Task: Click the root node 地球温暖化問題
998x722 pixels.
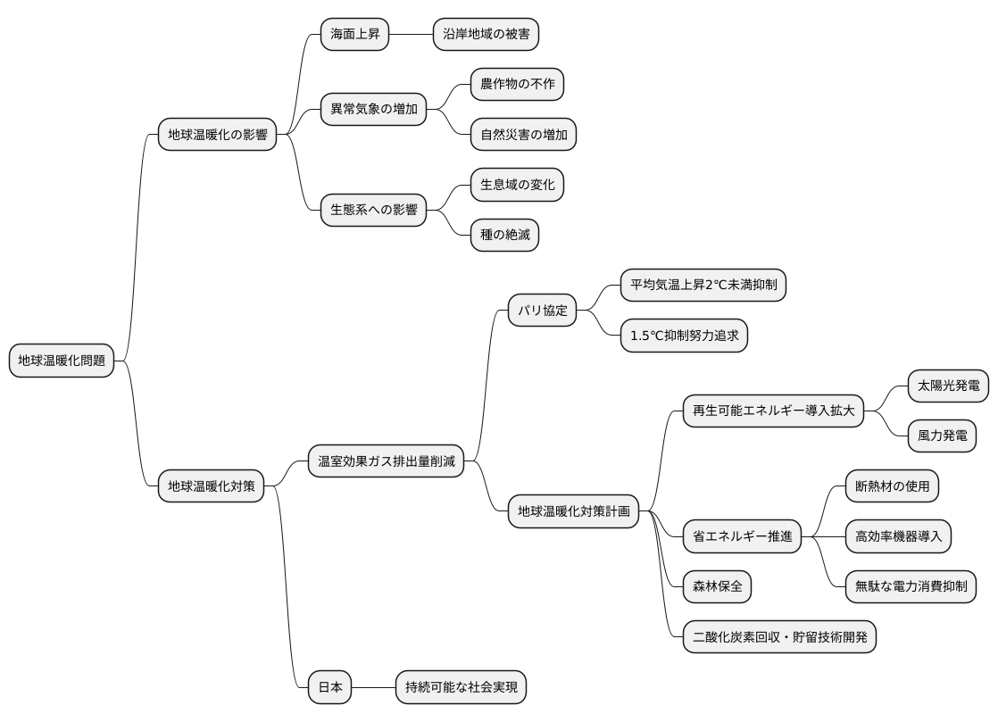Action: [x=61, y=361]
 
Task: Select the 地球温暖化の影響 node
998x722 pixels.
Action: [x=217, y=134]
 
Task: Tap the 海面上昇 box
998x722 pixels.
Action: [x=354, y=34]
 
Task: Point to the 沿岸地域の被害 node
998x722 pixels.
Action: [x=486, y=34]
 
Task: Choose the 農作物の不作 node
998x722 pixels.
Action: [x=517, y=84]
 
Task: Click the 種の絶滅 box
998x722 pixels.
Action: [x=504, y=235]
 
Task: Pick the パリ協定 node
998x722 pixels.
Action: [x=542, y=311]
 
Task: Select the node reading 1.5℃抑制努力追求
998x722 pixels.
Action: [x=684, y=336]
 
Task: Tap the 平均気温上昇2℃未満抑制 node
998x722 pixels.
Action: [x=703, y=285]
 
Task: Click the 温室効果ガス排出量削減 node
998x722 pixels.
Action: [x=386, y=461]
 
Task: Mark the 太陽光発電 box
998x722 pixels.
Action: [x=948, y=386]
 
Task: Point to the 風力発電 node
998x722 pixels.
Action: [x=942, y=436]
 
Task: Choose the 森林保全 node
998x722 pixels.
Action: [x=717, y=586]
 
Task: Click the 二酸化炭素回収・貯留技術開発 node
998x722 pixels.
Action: [x=779, y=636]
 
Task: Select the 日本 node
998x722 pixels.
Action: [x=329, y=687]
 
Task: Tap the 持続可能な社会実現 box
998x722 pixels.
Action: [x=461, y=687]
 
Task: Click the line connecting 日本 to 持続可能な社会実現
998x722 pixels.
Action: [x=374, y=687]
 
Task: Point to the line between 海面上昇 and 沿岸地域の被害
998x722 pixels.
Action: [x=412, y=34]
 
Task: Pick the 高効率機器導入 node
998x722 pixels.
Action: [x=897, y=536]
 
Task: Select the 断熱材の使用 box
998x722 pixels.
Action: [x=892, y=486]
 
